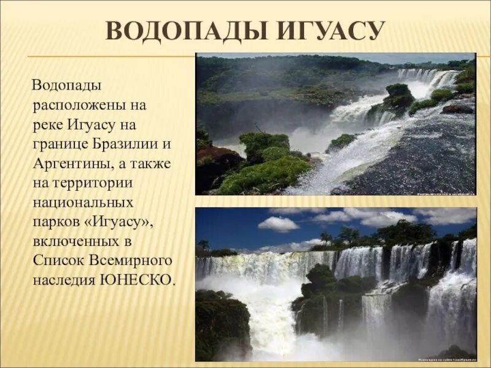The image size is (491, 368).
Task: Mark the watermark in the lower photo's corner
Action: [445, 357]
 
